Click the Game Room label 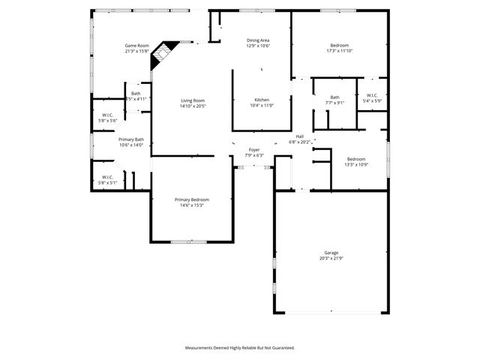point(136,46)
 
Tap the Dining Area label point(258,40)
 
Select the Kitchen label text point(262,100)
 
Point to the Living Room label point(193,100)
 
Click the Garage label point(331,253)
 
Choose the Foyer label point(254,150)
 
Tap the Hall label point(299,136)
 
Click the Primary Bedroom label point(192,199)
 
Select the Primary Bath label point(130,139)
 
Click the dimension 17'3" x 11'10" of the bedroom point(340,51)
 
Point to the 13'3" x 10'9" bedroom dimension point(355,164)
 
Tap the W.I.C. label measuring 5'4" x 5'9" point(373,95)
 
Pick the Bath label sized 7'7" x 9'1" point(334,97)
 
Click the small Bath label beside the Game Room point(136,93)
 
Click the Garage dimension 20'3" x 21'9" point(331,259)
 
